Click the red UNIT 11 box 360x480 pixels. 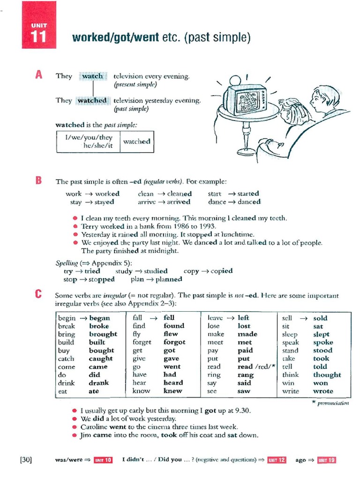[39, 25]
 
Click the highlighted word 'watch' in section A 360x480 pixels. [92, 76]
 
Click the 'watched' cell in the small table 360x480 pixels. [136, 142]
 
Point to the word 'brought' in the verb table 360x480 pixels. [103, 334]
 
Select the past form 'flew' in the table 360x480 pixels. [171, 334]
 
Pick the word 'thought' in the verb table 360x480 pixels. [327, 375]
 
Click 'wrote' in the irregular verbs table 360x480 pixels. [323, 391]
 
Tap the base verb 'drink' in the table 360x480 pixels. [67, 383]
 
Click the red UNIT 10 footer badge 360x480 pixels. [103, 460]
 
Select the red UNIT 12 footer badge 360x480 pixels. [277, 460]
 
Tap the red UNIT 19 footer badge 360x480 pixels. [327, 460]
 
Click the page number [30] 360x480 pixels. [26, 459]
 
